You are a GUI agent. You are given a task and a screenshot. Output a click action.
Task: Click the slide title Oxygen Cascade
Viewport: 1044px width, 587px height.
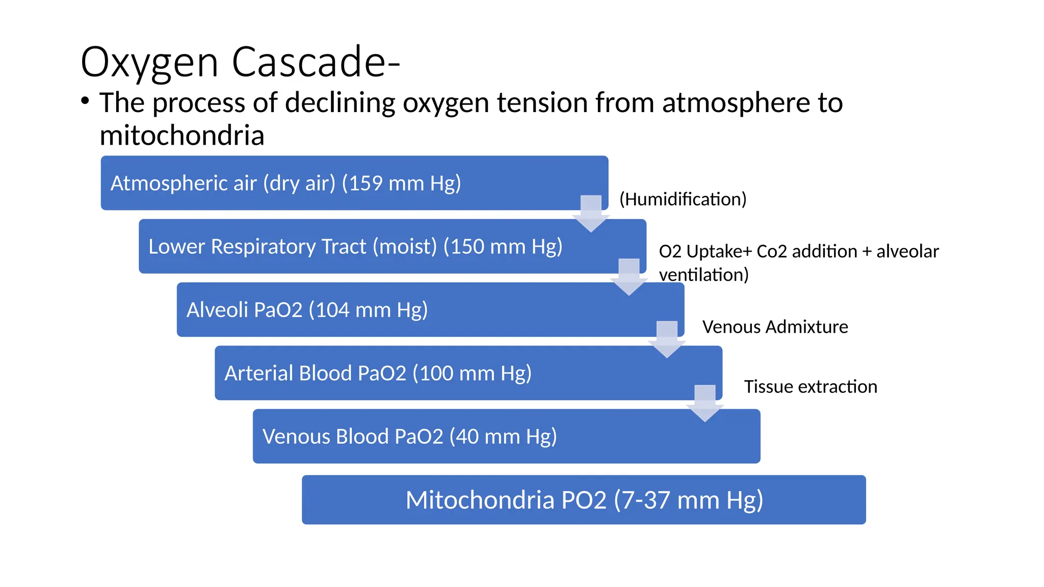coord(240,62)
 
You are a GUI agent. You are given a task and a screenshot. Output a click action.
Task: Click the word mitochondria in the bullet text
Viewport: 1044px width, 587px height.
coord(181,136)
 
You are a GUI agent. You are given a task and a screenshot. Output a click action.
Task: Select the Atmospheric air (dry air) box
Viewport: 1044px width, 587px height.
coord(354,183)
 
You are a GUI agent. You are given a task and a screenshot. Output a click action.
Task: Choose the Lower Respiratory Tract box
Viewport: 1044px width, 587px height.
coord(392,247)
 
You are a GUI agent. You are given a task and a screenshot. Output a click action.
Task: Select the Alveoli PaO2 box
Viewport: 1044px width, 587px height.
coord(430,310)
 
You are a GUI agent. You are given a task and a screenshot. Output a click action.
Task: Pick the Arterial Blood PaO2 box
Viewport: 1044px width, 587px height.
coord(468,373)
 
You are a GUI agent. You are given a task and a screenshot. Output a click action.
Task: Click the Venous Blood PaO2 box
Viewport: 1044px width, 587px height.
coord(506,436)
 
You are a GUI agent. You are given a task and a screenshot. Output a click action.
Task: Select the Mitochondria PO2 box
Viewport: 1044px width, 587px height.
coord(583,500)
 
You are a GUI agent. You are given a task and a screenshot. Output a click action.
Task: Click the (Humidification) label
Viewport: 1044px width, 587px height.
coord(683,199)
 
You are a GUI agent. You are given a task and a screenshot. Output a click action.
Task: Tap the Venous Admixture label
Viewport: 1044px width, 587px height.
coord(775,327)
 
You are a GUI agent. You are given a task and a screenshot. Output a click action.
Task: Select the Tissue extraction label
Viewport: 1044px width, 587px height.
coord(811,387)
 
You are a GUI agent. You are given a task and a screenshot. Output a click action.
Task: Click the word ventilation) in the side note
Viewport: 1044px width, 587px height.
coord(703,275)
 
